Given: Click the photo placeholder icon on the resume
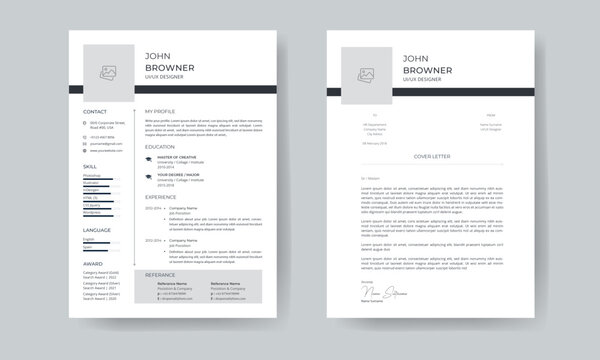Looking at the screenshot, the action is click(x=107, y=72).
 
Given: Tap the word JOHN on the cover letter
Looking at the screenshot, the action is click(x=417, y=57).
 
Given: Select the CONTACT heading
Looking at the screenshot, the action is click(x=96, y=111).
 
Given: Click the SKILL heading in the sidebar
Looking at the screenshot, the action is click(x=91, y=166).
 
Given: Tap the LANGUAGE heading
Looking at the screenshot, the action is click(x=97, y=230).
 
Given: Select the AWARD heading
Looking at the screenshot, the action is click(x=92, y=264).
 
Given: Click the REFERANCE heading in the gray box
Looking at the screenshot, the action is click(x=161, y=274).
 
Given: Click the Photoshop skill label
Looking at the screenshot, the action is click(x=92, y=175).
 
